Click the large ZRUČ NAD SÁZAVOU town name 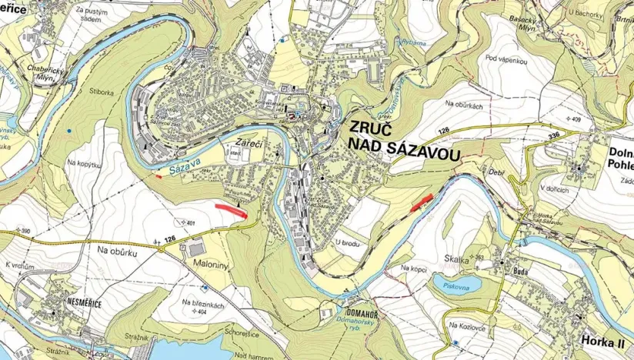click(x=404, y=141)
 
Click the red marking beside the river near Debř click(x=421, y=202)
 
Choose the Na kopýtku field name click(x=85, y=163)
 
